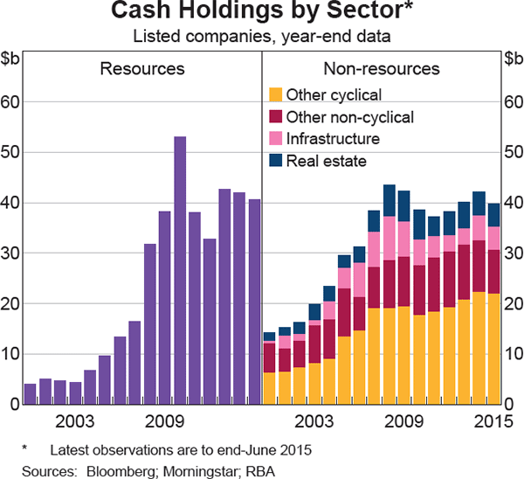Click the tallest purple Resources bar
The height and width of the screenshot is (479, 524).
(x=180, y=270)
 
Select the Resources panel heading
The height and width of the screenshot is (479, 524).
(x=142, y=68)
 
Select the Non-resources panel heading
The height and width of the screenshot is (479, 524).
(x=382, y=68)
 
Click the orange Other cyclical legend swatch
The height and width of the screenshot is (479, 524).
(x=274, y=94)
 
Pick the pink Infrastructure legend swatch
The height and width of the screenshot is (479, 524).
(x=274, y=139)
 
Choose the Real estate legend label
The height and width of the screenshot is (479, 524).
(x=327, y=161)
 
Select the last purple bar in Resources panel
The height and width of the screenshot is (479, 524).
(x=254, y=302)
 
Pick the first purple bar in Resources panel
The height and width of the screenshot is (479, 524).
(x=30, y=393)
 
